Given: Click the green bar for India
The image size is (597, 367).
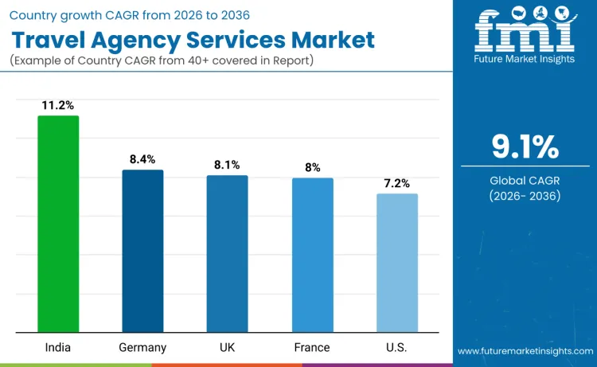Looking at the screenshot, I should tap(58, 224).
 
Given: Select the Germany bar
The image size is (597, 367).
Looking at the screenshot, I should tap(142, 251).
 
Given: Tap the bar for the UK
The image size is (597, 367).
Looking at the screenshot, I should tap(227, 254).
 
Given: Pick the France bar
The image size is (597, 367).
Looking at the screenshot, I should tap(312, 255).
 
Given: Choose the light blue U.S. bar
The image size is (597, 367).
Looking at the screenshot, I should tap(396, 263).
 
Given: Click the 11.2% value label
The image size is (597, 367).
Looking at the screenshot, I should tap(58, 104).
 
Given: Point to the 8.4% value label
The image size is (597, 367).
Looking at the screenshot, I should tap(142, 159).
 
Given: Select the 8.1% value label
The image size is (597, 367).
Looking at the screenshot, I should tap(227, 165).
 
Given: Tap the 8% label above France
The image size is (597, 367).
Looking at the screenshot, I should tap(312, 167).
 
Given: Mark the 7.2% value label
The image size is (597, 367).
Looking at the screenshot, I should tap(396, 183).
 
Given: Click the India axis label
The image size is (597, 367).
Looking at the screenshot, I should tap(58, 347).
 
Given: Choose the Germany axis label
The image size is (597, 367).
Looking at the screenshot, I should tap(142, 347).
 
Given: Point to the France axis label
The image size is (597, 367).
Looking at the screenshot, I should tap(312, 347).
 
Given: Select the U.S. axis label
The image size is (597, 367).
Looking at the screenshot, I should tap(396, 347).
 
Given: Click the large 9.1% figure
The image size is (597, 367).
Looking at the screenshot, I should tap(525, 148).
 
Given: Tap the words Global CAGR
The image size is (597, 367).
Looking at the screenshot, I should tap(525, 181).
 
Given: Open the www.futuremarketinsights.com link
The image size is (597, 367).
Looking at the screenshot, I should tap(525, 350).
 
